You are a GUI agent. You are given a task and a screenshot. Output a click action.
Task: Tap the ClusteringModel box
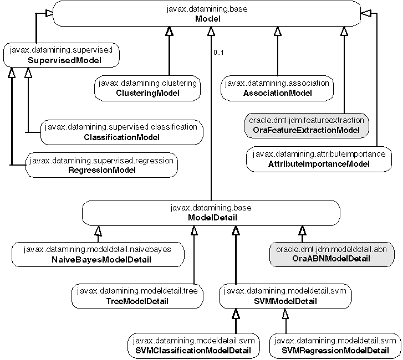[147, 88]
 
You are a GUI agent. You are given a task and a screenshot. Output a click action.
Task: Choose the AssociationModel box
[277, 88]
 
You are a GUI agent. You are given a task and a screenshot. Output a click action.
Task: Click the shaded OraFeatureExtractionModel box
[305, 125]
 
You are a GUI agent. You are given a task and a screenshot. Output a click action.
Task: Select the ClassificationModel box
[121, 132]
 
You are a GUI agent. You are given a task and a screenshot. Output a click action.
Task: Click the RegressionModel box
[101, 165]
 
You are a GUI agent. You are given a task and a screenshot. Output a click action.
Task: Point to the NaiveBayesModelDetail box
[97, 254]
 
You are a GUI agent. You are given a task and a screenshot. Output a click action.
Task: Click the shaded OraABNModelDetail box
[331, 254]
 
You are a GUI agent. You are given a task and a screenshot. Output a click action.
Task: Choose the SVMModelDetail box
[284, 296]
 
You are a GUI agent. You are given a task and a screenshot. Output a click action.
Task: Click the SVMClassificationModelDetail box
[192, 345]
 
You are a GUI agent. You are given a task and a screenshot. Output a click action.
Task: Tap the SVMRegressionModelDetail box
[335, 345]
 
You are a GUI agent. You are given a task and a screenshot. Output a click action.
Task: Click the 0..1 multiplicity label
[218, 53]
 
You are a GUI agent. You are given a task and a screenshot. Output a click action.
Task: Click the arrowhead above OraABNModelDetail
[302, 230]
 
